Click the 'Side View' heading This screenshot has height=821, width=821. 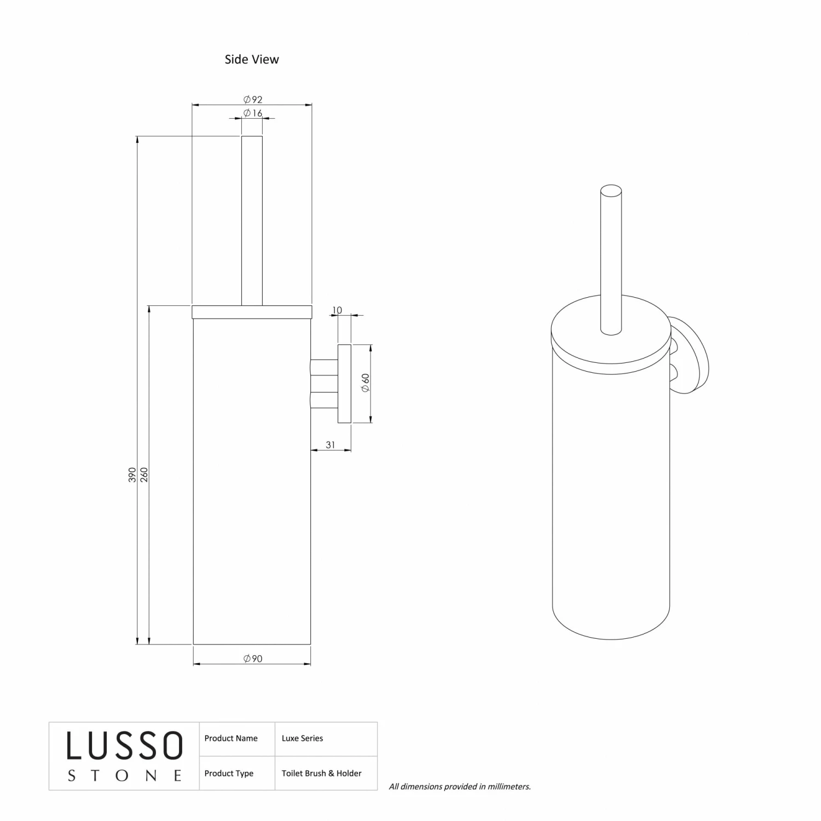252,59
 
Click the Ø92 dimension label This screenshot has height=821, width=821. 253,99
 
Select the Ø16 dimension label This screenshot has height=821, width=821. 253,113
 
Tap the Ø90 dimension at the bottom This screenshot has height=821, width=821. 253,658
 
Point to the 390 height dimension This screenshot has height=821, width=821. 132,475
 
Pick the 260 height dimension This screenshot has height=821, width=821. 144,475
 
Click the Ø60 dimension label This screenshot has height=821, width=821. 365,383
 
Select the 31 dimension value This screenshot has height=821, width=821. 331,445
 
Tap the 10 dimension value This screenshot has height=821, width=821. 337,310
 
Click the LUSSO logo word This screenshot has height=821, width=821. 125,745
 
